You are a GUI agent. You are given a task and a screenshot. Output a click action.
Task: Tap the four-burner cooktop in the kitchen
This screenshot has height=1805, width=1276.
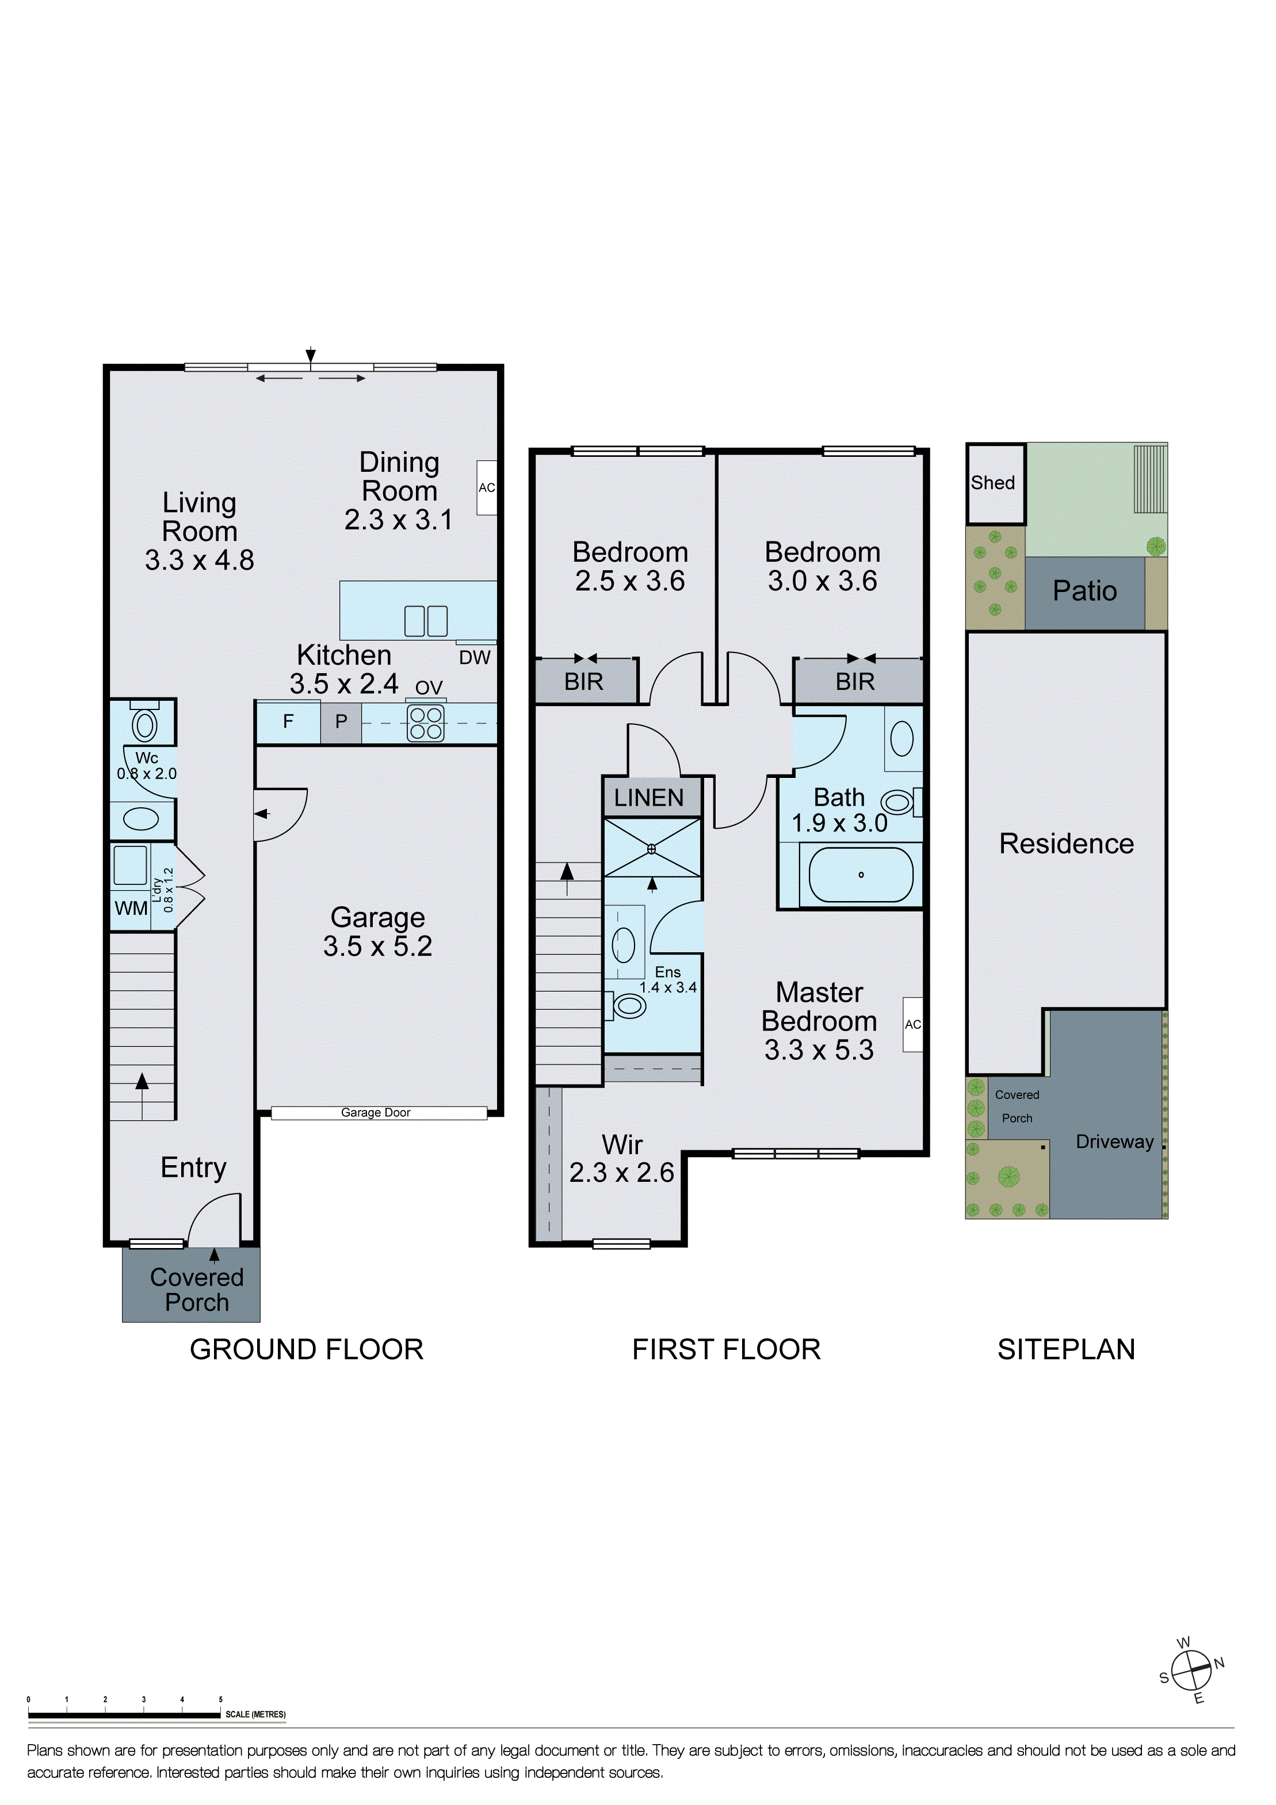(x=425, y=723)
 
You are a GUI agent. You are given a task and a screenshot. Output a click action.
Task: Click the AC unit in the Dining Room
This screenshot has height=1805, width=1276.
(x=487, y=487)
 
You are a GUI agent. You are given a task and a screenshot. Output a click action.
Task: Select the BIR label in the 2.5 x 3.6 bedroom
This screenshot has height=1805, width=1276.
(x=583, y=682)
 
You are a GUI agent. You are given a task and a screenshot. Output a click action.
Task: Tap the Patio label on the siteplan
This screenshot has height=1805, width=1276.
(x=1084, y=591)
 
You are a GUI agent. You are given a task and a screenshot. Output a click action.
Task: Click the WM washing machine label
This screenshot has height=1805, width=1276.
(x=131, y=908)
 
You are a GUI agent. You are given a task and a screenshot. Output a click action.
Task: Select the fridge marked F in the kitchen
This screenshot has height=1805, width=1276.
(x=288, y=722)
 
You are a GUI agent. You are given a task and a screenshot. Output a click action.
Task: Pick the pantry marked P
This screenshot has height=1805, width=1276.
(x=341, y=722)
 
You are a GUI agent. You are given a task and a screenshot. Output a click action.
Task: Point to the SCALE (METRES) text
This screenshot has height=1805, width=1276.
(x=255, y=1715)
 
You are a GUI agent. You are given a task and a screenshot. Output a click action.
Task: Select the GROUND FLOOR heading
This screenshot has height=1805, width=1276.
(x=307, y=1349)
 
